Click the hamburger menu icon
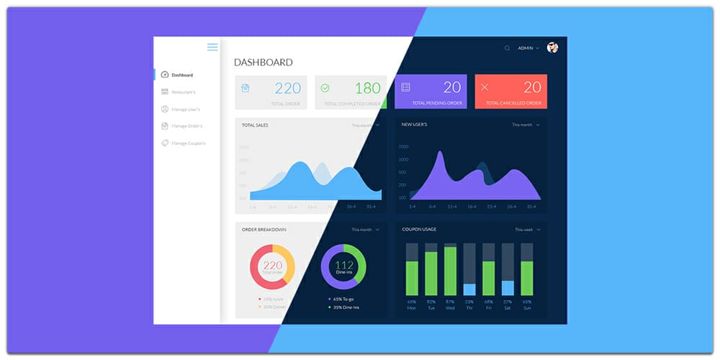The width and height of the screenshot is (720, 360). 212,48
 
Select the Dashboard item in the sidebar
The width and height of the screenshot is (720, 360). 181,75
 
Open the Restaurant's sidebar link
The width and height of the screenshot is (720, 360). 183,92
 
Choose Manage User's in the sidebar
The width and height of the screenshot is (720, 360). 185,109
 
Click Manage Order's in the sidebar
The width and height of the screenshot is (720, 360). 186,126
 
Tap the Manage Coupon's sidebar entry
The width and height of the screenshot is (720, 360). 187,143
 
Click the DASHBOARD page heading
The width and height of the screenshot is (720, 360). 264,63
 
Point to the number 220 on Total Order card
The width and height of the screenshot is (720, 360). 288,89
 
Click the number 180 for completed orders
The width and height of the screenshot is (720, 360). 367,89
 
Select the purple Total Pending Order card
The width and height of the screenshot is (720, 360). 431,92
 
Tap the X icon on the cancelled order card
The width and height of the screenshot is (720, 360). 485,87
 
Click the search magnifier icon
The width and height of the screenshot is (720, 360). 507,48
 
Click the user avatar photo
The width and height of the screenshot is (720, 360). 552,48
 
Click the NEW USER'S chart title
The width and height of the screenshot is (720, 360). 414,125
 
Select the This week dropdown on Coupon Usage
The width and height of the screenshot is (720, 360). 527,230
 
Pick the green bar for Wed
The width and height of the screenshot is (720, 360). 450,271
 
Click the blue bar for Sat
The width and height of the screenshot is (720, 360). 508,288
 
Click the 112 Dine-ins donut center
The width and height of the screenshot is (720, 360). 343,267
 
